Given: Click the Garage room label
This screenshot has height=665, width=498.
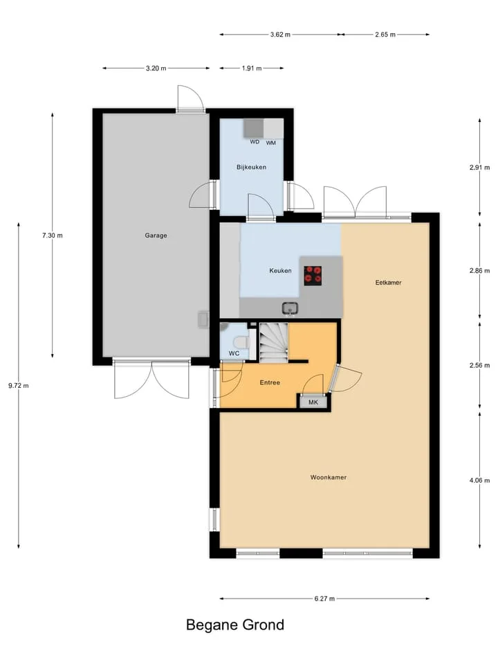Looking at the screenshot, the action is click(156, 236).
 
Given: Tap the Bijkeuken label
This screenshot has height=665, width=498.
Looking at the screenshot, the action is click(251, 167).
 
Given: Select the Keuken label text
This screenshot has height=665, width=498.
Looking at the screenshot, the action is click(280, 271).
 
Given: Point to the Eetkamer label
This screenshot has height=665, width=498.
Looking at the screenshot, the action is click(388, 283).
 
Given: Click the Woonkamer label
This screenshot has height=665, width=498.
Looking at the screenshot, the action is click(328, 477).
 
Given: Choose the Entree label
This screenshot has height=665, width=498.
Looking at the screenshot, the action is click(270, 382).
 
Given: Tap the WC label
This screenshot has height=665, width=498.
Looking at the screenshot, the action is click(234, 353).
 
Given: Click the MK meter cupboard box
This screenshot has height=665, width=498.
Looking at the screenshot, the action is click(313, 402).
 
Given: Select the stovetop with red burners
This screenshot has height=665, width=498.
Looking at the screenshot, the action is click(313, 276).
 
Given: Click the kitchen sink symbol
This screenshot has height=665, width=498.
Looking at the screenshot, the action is click(290, 308).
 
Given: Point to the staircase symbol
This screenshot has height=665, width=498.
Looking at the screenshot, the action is click(274, 342).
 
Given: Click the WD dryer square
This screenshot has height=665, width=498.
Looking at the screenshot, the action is click(253, 128).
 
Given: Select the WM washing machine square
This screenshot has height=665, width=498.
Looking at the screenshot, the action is click(274, 128).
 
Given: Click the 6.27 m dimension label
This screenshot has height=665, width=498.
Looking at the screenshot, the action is click(324, 598).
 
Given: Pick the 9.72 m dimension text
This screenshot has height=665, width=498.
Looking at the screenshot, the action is click(19, 386).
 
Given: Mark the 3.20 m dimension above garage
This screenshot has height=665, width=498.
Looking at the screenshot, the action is click(156, 69).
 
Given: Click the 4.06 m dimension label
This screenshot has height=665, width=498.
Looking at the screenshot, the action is click(479, 481).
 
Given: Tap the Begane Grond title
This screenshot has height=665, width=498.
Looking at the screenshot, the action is click(235, 625).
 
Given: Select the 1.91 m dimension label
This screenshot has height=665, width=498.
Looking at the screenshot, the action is click(252, 69).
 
